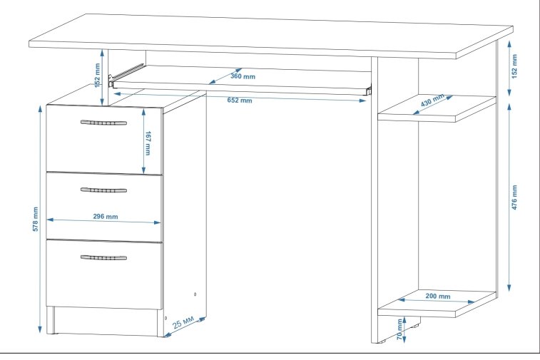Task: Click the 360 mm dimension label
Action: click(243, 76)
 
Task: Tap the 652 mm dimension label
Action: click(240, 101)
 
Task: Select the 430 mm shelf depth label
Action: click(432, 100)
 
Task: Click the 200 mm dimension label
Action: click(437, 296)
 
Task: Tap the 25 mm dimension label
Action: click(183, 324)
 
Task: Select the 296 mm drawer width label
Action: click(105, 217)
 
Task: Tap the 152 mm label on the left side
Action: click(98, 74)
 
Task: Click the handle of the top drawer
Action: click(103, 123)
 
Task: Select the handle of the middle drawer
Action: click(103, 190)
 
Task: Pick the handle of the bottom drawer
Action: click(103, 257)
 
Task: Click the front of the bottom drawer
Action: click(104, 282)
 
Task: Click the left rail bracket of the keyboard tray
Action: click(111, 79)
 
